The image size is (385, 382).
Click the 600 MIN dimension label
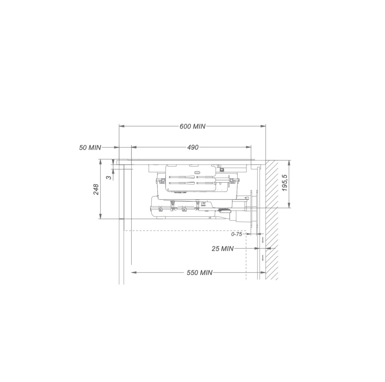tap(192, 126)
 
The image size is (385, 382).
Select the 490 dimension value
tap(193, 147)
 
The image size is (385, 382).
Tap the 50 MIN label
tap(90, 147)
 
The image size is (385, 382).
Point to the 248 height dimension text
tap(96, 189)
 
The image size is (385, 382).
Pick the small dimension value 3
tap(109, 177)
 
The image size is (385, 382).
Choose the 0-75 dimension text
tap(237, 234)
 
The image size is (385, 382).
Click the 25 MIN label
tap(223, 249)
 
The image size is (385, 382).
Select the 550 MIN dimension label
tap(199, 272)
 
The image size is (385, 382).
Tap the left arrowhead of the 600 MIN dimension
tap(122, 126)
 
